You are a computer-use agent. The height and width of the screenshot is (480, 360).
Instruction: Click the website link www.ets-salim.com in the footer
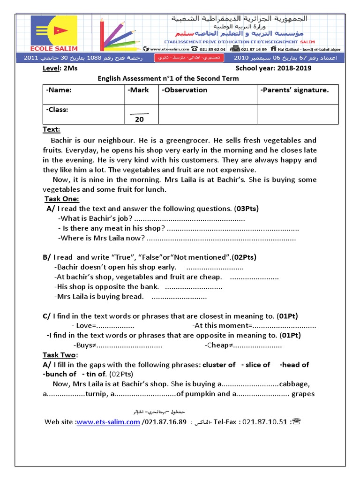coord(108,422)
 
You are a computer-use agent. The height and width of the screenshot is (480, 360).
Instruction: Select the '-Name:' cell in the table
coord(59,90)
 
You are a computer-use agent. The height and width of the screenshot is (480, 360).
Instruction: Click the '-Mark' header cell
coord(138,90)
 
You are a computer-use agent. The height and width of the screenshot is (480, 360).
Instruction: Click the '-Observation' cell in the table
coord(184,90)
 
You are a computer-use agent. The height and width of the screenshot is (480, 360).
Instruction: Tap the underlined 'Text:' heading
coord(52,129)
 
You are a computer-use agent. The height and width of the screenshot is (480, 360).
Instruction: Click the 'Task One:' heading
coord(62,199)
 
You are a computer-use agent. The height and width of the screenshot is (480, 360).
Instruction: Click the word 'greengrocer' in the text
coord(189,140)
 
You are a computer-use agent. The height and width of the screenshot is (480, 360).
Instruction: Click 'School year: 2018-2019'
coord(273,68)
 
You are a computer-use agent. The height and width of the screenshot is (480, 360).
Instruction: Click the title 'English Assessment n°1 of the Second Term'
coord(168,78)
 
